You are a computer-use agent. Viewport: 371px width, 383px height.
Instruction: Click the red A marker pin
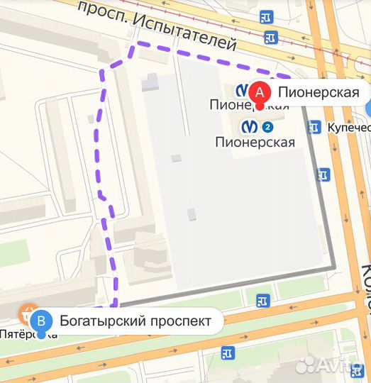pyautogui.click(x=260, y=92)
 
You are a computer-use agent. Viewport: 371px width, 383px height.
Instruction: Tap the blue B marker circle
pyautogui.click(x=42, y=321)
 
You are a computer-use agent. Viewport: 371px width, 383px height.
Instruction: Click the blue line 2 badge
pyautogui.click(x=267, y=127)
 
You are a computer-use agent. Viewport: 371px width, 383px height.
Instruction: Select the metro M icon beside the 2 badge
pyautogui.click(x=250, y=127)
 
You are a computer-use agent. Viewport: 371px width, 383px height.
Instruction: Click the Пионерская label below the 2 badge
pyautogui.click(x=254, y=142)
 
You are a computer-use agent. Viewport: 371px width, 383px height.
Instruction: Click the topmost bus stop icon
pyautogui.click(x=266, y=16)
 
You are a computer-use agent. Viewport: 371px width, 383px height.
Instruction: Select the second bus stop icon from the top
pyautogui.click(x=270, y=37)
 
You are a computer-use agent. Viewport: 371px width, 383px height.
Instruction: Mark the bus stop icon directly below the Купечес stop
pyautogui.click(x=324, y=174)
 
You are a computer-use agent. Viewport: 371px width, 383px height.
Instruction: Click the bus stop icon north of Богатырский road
pyautogui.click(x=263, y=301)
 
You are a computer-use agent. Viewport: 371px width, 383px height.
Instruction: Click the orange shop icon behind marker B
pyautogui.click(x=27, y=312)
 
